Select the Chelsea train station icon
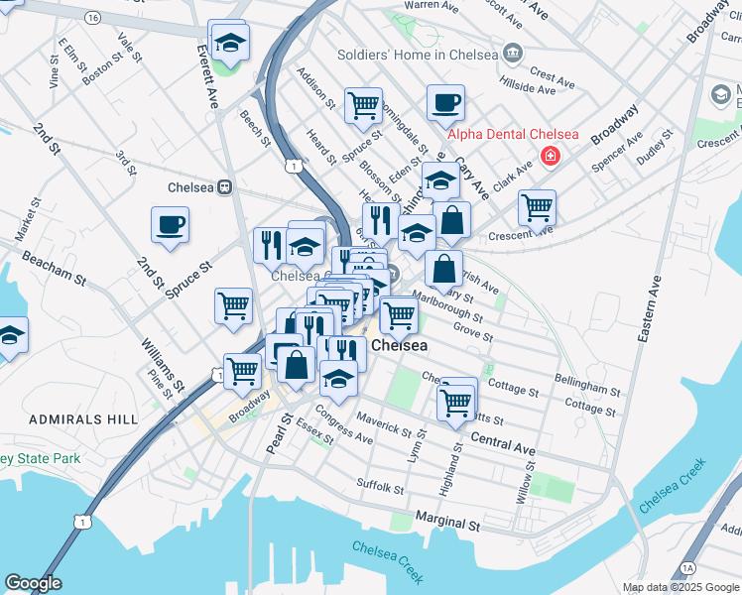coord(225,186)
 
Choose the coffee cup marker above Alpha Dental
coord(445,102)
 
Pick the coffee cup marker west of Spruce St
coord(170,224)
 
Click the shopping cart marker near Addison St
coord(364,104)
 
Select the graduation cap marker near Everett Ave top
coord(229,43)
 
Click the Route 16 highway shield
coord(92,18)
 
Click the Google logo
coord(33,583)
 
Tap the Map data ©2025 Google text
coord(680,587)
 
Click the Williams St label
coord(163,363)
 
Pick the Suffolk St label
coord(381,486)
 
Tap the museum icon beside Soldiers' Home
coord(512,53)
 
